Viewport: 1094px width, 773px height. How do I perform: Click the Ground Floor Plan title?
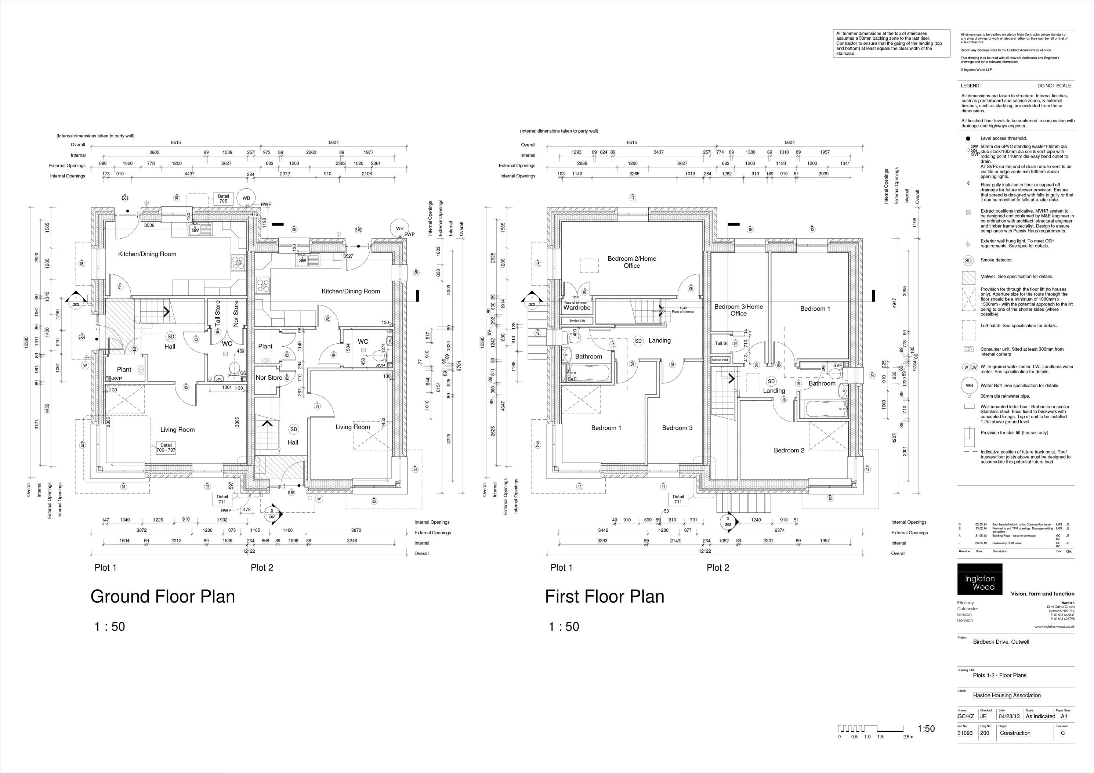click(x=163, y=597)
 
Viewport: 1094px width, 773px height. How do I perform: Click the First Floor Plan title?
click(x=604, y=597)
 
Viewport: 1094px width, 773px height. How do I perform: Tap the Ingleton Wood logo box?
click(x=980, y=579)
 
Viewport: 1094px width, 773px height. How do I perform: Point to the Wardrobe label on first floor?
click(x=576, y=308)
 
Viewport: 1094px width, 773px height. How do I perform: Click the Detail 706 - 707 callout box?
click(x=166, y=448)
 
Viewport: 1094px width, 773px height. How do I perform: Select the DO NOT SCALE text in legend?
click(x=1054, y=86)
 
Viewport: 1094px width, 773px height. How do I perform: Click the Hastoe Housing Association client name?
click(x=1006, y=695)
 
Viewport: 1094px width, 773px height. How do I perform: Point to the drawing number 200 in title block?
click(x=984, y=733)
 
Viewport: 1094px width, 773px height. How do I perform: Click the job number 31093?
click(x=965, y=733)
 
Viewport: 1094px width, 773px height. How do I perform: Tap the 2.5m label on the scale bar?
click(x=908, y=737)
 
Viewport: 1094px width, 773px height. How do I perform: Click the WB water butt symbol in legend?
click(x=968, y=386)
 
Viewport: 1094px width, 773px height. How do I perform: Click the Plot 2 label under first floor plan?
click(x=718, y=568)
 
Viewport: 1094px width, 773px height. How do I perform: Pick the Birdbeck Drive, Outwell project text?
click(x=1001, y=642)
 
